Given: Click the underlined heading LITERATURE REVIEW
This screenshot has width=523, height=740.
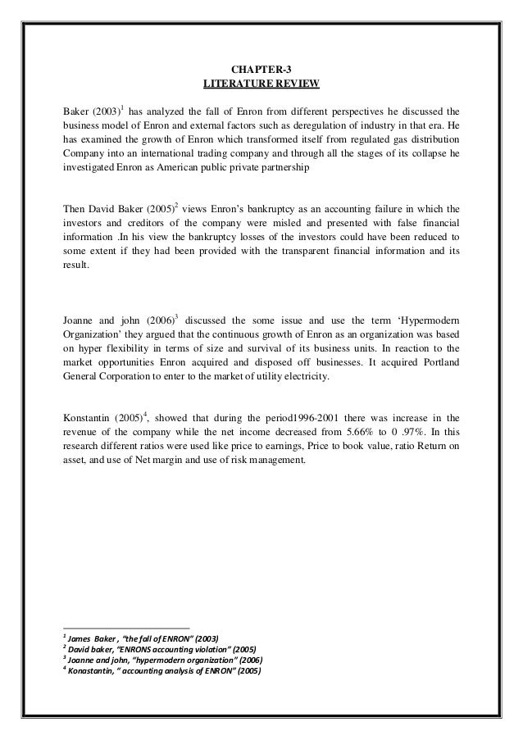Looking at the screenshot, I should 261,84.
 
